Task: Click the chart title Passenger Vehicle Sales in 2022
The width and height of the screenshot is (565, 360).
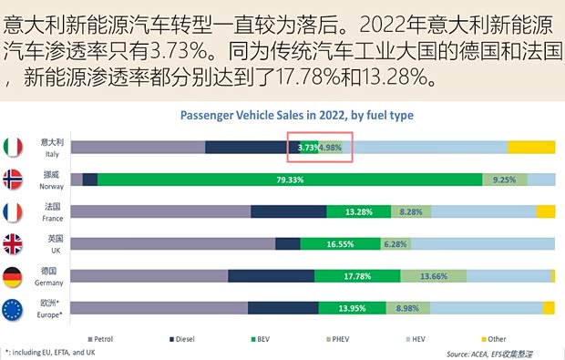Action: pyautogui.click(x=297, y=116)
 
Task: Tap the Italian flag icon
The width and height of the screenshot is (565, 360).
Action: pyautogui.click(x=14, y=147)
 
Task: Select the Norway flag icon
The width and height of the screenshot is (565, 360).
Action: pyautogui.click(x=14, y=180)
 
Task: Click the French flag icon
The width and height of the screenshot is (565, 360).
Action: pyautogui.click(x=14, y=211)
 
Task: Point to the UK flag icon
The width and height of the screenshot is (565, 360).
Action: pyautogui.click(x=14, y=243)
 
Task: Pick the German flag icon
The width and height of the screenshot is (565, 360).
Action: pyautogui.click(x=14, y=276)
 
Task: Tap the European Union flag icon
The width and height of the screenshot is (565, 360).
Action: pyautogui.click(x=14, y=308)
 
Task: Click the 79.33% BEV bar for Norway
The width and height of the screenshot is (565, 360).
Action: pyautogui.click(x=290, y=180)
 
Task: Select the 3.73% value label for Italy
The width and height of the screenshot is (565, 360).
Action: pyautogui.click(x=307, y=148)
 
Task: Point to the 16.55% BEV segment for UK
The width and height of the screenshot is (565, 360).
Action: pyautogui.click(x=340, y=243)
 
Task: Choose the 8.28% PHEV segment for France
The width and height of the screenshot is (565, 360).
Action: pyautogui.click(x=411, y=211)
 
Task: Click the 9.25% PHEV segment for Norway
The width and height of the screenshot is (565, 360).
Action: pyautogui.click(x=504, y=180)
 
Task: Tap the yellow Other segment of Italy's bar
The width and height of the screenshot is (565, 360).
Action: pyautogui.click(x=531, y=147)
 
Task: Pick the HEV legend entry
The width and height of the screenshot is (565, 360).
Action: pyautogui.click(x=414, y=337)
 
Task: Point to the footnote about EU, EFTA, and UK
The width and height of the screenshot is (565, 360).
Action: pyautogui.click(x=50, y=351)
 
